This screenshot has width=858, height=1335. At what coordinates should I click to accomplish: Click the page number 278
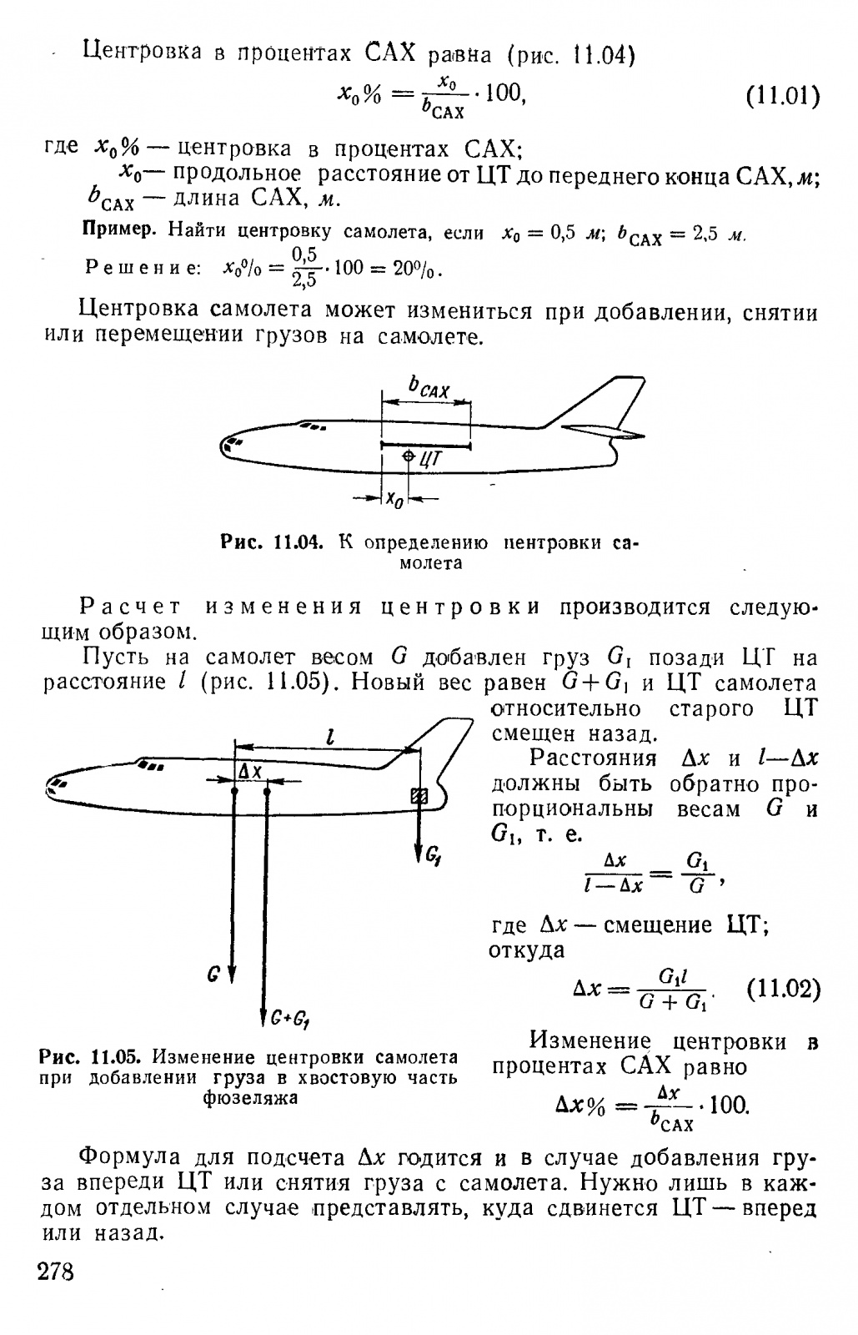point(56,1273)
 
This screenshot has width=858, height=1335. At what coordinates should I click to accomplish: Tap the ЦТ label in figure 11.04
point(430,457)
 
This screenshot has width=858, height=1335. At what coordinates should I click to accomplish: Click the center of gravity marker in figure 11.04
point(408,456)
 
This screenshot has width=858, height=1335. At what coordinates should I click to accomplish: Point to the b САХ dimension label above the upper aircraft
point(429,386)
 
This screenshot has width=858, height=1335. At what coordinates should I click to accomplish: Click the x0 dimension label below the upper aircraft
point(394,499)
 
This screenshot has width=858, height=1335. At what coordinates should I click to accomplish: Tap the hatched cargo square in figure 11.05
point(419,796)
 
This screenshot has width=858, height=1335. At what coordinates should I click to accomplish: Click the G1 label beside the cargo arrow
point(434,854)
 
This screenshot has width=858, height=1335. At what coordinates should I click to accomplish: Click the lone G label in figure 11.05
point(214,973)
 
